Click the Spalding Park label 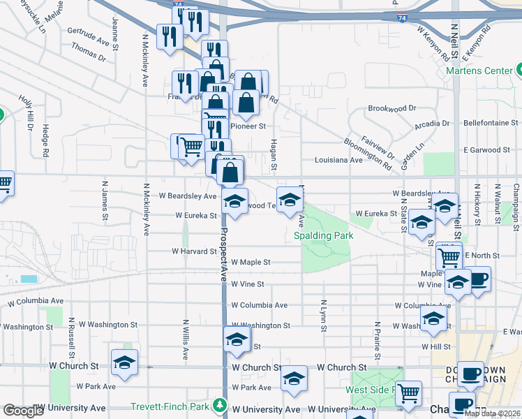pos(323,235)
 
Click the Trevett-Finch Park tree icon pos(221,405)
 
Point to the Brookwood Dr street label pos(391,108)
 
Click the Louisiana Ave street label pos(338,159)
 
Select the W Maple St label pos(251,262)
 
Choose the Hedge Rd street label pos(45,140)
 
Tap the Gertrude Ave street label pos(89,36)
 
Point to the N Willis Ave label pos(186,340)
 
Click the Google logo pos(23,411)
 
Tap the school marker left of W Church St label pos(124,362)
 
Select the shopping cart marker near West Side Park pos(408,393)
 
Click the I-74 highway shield pos(400,17)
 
